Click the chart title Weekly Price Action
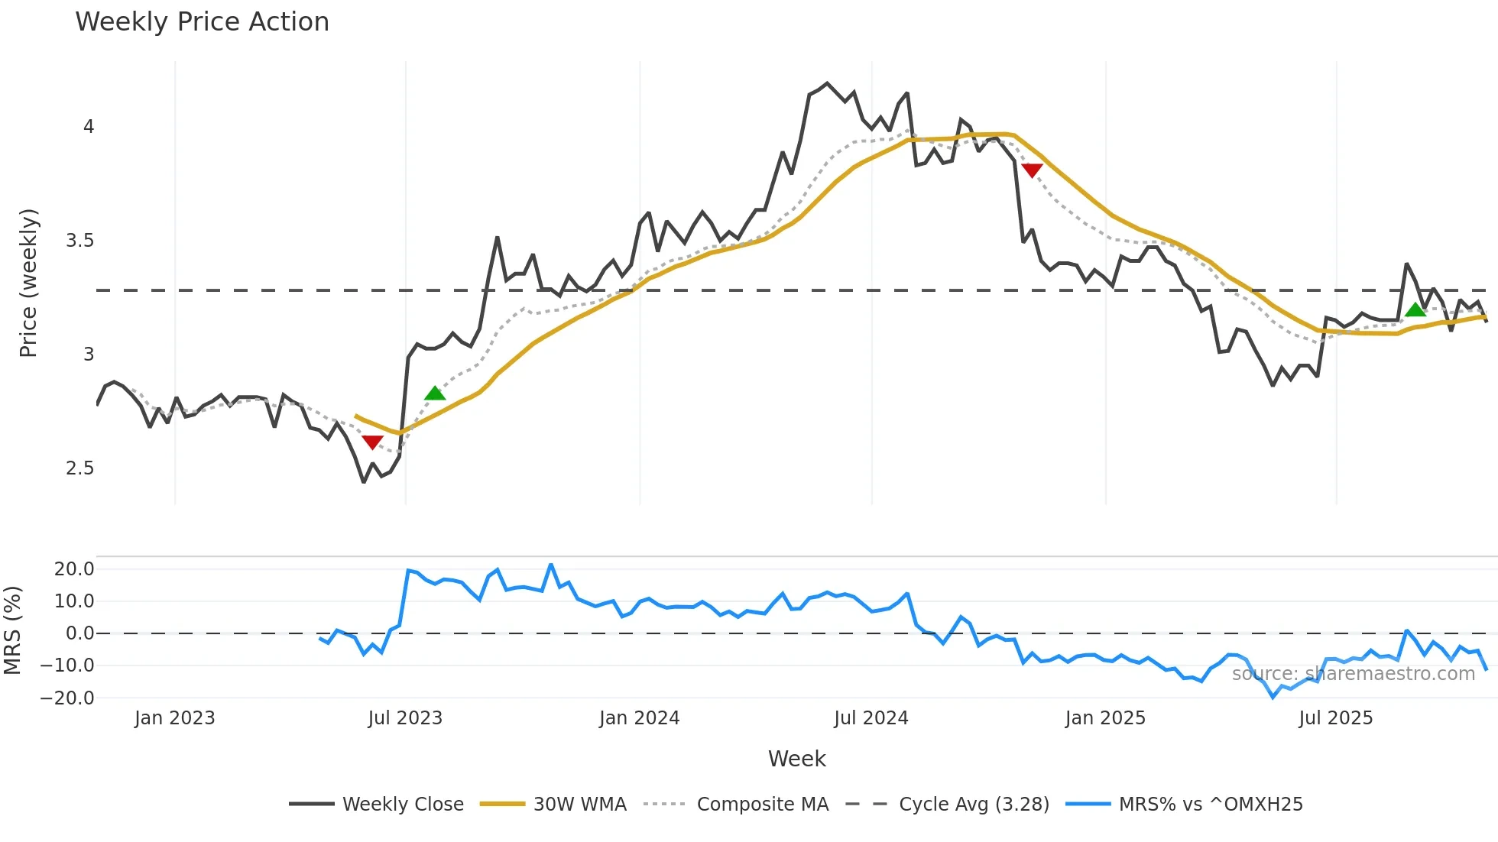pyautogui.click(x=202, y=22)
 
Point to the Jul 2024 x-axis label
pyautogui.click(x=871, y=718)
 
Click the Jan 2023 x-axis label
pyautogui.click(x=174, y=718)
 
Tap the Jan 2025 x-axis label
pyautogui.click(x=1104, y=718)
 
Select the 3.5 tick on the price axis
pyautogui.click(x=79, y=241)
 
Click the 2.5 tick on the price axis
pyautogui.click(x=79, y=468)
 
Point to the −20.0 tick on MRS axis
pyautogui.click(x=67, y=698)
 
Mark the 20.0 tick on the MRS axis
pyautogui.click(x=74, y=568)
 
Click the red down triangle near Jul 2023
pyautogui.click(x=372, y=442)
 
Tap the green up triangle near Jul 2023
pyautogui.click(x=435, y=393)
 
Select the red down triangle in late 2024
pyautogui.click(x=1032, y=170)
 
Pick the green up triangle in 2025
pyautogui.click(x=1415, y=309)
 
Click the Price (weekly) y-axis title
pyautogui.click(x=28, y=283)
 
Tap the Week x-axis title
pyautogui.click(x=796, y=759)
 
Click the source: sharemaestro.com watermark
pyautogui.click(x=1353, y=674)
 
